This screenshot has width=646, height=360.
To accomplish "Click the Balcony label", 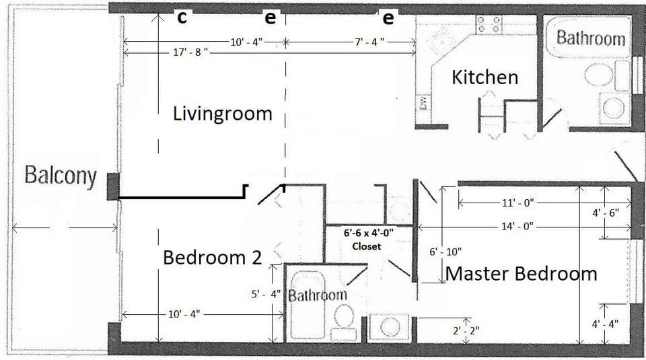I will click(x=61, y=176).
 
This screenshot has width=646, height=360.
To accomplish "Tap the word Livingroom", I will click(x=222, y=113).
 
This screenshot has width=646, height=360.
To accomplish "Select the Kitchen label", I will click(x=485, y=77).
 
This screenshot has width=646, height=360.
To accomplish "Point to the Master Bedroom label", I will click(x=522, y=274).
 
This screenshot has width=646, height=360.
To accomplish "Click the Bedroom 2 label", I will click(x=212, y=257).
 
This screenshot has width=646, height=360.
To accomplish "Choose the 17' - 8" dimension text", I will click(x=189, y=52).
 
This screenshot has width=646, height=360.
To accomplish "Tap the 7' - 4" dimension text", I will click(x=369, y=42).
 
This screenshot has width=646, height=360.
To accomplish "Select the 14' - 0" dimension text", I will click(x=517, y=226).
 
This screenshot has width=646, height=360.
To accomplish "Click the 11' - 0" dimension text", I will click(x=517, y=202).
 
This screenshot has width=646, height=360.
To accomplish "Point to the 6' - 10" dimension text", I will click(x=445, y=252).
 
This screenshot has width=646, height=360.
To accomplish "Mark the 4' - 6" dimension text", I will click(x=606, y=212).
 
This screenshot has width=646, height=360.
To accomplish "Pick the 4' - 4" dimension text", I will click(x=606, y=324).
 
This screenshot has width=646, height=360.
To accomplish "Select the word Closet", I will click(x=367, y=246).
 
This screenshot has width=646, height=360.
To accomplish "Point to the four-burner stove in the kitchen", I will click(x=489, y=25).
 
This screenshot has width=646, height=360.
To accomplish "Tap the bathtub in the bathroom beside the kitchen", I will click(x=589, y=38).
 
